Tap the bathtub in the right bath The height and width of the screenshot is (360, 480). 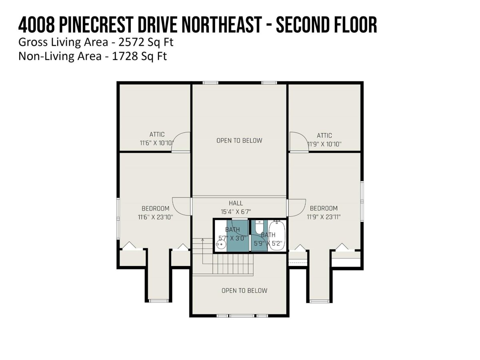[x=277, y=236]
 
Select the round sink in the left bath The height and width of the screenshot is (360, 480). [x=220, y=244]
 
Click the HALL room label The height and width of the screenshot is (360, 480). [x=236, y=203]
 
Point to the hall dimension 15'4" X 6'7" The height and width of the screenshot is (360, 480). [x=236, y=212]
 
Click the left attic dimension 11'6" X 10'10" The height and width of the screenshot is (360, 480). [x=156, y=143]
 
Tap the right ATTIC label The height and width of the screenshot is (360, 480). [x=324, y=136]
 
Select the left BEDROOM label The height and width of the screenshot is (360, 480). [x=156, y=208]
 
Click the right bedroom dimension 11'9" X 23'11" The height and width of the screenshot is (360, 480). [x=324, y=217]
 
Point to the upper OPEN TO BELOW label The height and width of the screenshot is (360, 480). [x=239, y=140]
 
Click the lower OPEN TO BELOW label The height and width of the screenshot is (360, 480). [x=244, y=290]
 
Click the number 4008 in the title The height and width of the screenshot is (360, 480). [x=36, y=25]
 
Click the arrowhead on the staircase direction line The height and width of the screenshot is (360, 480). [x=202, y=240]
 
